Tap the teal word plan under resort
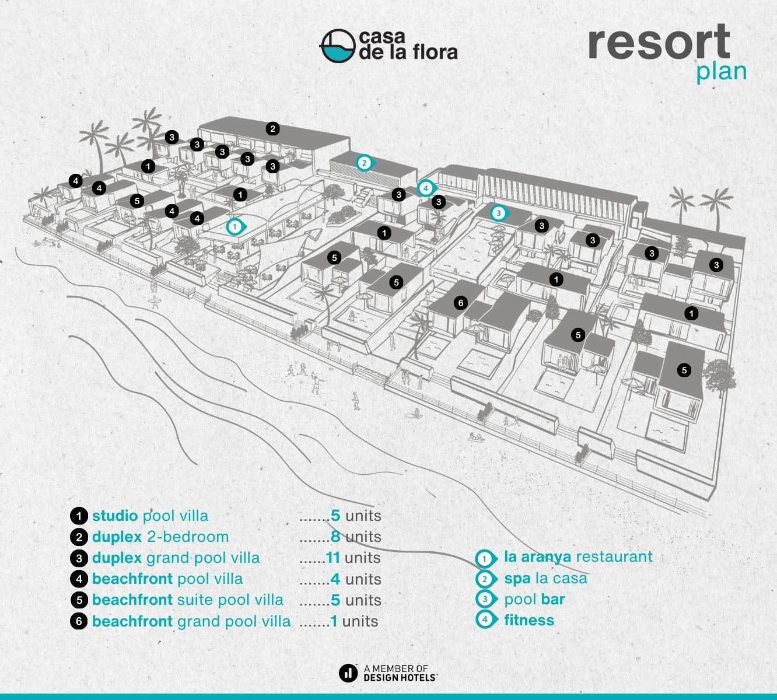click(721, 72)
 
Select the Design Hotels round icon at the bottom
click(348, 673)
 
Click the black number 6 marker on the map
click(461, 303)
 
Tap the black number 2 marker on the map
click(272, 128)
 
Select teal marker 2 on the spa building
click(365, 163)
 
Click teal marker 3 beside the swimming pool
click(499, 213)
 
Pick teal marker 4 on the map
click(426, 188)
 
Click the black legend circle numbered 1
click(79, 516)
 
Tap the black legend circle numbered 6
click(79, 621)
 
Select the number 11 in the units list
click(333, 558)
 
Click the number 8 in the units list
click(335, 537)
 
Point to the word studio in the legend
click(115, 516)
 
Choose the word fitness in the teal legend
click(529, 620)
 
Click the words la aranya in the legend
click(538, 557)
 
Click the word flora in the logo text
click(435, 52)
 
